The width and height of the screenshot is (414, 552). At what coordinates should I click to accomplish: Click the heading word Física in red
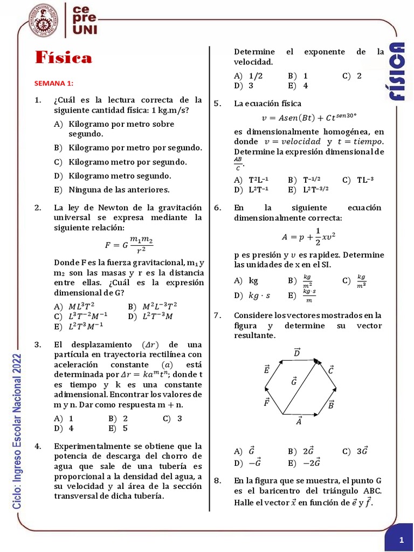(64, 57)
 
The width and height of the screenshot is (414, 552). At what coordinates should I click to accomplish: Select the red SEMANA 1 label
(53, 84)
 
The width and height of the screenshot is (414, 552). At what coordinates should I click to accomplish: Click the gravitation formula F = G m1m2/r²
(129, 245)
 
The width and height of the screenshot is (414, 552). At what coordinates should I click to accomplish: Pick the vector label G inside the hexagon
(294, 382)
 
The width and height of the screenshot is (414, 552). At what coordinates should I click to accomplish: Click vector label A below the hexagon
(299, 421)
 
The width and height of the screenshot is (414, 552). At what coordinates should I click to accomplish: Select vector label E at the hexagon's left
(266, 369)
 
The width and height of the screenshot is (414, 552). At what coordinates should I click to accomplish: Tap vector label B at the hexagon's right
(331, 404)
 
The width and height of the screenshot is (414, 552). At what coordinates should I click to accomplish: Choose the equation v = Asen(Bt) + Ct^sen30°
(308, 118)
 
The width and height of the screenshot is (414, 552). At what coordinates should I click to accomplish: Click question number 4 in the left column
(38, 446)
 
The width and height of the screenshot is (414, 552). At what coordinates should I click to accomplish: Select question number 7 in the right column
(218, 315)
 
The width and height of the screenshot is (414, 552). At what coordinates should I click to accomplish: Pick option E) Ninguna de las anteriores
(112, 190)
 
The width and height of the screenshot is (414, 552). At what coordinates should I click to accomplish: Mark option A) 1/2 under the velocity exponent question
(248, 76)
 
